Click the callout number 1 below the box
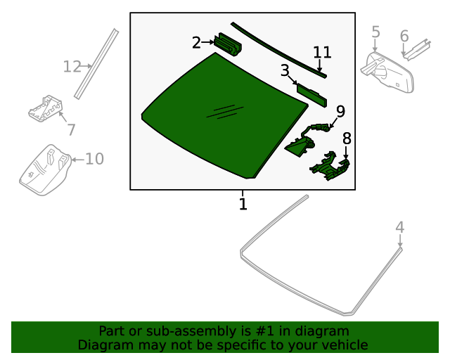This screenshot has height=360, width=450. click(x=243, y=205)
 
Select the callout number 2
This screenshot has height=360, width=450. click(x=196, y=43)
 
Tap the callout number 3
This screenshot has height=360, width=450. click(x=285, y=70)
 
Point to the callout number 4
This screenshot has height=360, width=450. click(x=399, y=227)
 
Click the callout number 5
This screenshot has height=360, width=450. click(x=375, y=32)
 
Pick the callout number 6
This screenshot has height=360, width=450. click(x=404, y=36)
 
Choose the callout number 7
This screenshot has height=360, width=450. click(x=71, y=130)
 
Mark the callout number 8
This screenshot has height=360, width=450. click(x=347, y=139)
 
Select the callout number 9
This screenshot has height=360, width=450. click(x=340, y=111)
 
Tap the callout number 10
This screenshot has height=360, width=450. click(x=94, y=160)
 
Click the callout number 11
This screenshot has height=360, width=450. click(x=322, y=52)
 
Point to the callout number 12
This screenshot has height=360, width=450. click(x=72, y=67)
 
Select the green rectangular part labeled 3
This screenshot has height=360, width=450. click(x=311, y=94)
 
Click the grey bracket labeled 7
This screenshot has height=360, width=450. click(x=46, y=108)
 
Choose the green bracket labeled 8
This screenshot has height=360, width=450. click(x=329, y=167)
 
